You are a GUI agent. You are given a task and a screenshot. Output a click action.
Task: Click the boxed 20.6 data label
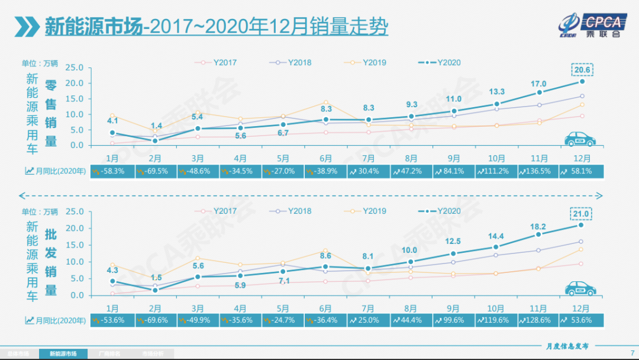click(582, 69)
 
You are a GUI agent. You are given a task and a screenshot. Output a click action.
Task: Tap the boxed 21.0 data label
click(582, 213)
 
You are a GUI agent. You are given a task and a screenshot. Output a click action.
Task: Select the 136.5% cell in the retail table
click(539, 171)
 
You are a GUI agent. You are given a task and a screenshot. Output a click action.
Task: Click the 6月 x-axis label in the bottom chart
click(325, 308)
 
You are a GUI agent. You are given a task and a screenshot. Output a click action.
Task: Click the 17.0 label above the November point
click(539, 83)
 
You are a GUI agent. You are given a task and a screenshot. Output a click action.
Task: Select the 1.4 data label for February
click(156, 126)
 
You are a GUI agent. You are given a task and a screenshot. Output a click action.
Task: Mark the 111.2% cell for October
click(496, 171)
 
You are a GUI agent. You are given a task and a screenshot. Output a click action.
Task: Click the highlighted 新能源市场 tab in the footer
click(62, 353)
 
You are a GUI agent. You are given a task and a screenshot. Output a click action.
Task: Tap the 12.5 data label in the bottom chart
click(454, 241)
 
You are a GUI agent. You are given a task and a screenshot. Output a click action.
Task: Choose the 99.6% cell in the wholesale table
click(454, 320)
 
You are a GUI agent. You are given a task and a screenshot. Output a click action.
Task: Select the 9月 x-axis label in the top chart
click(454, 159)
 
